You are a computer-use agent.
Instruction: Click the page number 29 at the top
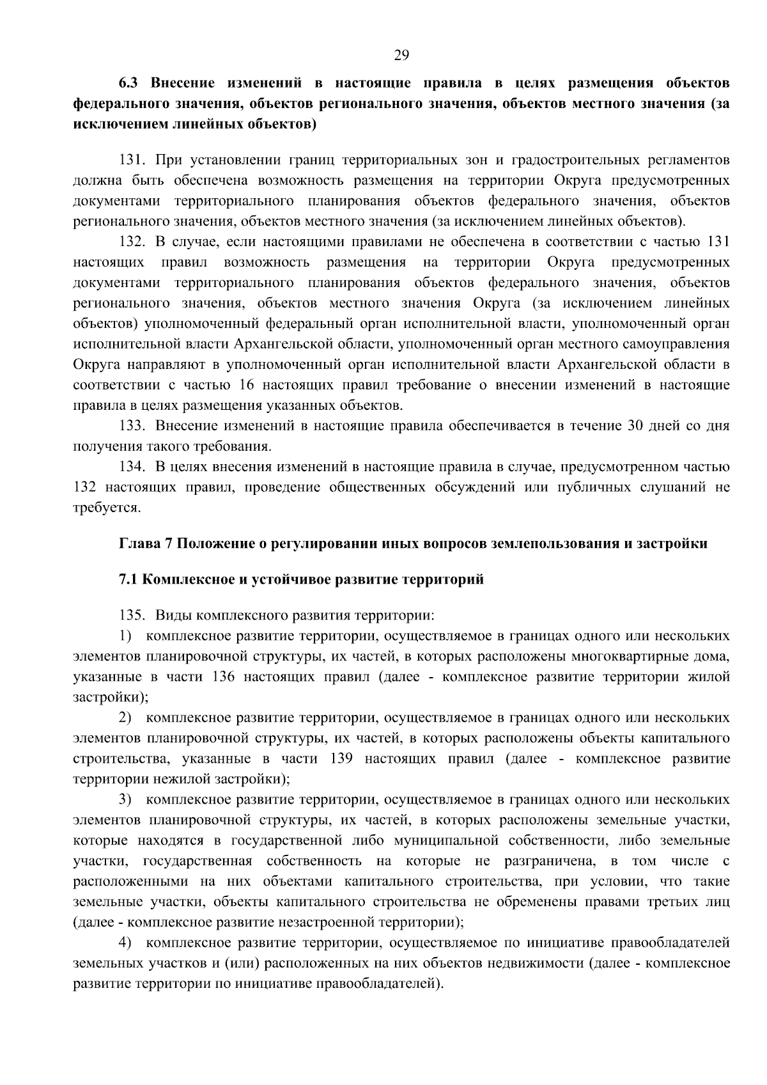click(x=401, y=55)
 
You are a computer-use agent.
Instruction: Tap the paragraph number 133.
click(x=133, y=426)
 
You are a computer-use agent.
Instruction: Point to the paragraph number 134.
click(x=133, y=467)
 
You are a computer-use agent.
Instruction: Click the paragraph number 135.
click(x=133, y=616)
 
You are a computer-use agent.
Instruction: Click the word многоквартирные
click(x=629, y=657)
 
